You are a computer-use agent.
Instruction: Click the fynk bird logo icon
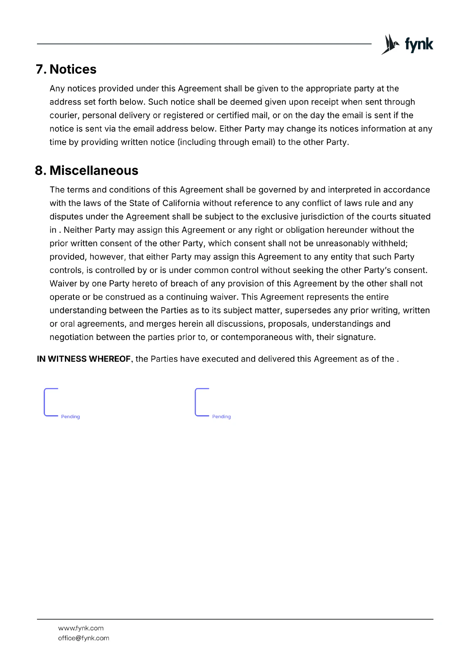[x=389, y=44]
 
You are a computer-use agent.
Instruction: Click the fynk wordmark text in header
[x=419, y=44]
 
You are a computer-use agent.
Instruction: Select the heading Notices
[x=73, y=69]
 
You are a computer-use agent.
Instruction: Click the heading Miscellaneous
[x=94, y=170]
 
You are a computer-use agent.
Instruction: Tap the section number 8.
[x=40, y=170]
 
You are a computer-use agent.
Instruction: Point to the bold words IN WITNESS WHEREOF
[x=84, y=359]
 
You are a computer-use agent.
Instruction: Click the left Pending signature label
[x=70, y=416]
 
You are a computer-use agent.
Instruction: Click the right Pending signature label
[x=221, y=416]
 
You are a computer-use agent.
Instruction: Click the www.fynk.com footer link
[x=81, y=628]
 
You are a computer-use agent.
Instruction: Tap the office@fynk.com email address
[x=84, y=638]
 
